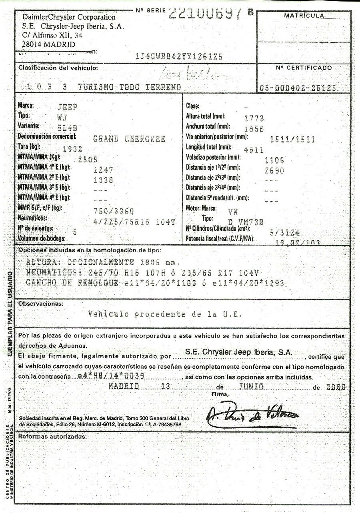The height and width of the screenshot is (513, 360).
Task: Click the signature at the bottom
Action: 252,416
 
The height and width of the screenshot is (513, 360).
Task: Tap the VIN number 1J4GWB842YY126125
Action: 179,56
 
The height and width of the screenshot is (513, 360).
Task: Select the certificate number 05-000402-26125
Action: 298,88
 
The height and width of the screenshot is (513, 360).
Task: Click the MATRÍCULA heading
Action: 304,16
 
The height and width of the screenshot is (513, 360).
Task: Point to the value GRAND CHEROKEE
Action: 129,139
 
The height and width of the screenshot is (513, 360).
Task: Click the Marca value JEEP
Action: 68,107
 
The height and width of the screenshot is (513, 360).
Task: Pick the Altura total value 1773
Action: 254,118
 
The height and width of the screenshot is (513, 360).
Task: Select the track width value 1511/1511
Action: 292,140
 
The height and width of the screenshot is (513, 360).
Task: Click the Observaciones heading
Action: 41,303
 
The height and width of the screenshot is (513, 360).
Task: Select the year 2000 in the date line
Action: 336,387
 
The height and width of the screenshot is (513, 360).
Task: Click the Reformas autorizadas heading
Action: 52,436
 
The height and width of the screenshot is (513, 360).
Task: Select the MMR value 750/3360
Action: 114,211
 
